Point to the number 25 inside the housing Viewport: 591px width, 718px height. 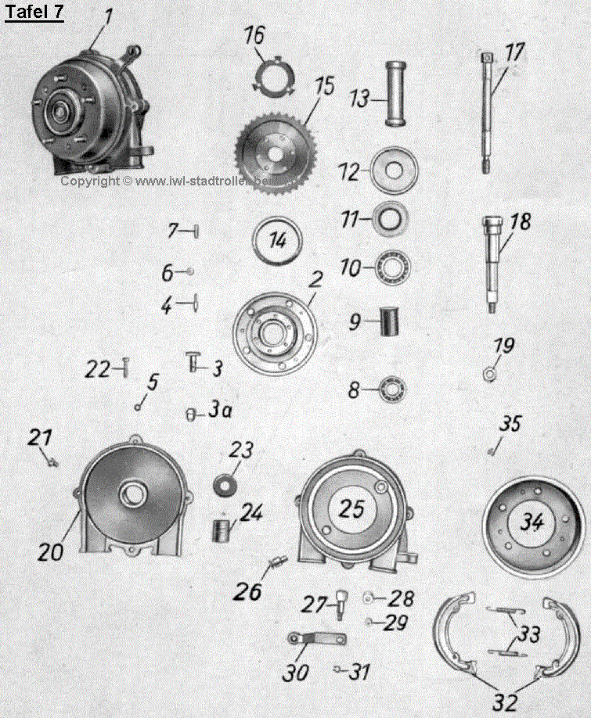pyautogui.click(x=352, y=509)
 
